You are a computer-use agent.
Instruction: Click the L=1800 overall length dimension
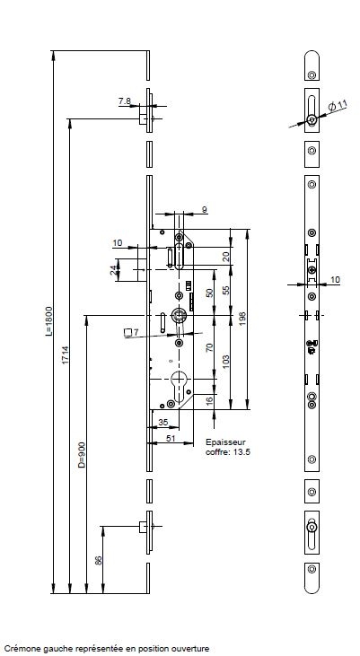point(49,321)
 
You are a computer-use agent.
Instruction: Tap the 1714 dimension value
point(66,354)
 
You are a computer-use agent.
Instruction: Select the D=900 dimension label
point(82,455)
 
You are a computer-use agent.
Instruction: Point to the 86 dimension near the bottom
point(99,560)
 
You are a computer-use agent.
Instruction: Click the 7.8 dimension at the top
point(124,101)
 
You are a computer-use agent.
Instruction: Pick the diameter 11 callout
point(338,106)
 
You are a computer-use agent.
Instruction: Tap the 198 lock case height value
point(242,318)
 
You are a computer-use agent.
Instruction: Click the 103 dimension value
point(226,362)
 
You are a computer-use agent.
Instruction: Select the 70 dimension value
point(210,346)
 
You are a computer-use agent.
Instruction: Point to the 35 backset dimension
point(163,423)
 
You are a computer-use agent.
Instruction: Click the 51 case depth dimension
point(171,438)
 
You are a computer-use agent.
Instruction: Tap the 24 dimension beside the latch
point(113,270)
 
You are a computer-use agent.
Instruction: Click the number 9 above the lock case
point(205,210)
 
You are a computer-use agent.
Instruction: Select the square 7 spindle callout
point(131,333)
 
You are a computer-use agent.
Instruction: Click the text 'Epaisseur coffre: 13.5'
point(228,447)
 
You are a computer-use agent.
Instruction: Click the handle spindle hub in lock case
point(180,315)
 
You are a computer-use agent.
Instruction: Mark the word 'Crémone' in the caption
point(18,649)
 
